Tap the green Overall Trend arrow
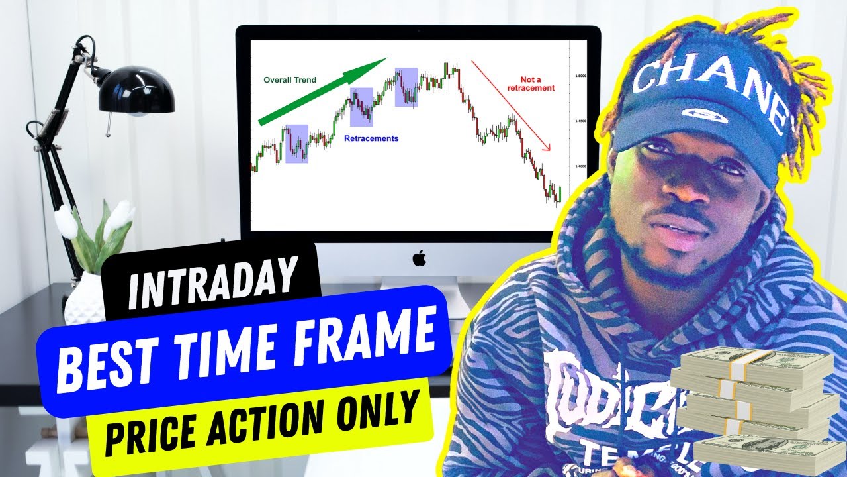(322, 91)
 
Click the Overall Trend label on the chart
(290, 80)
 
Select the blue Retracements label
(371, 139)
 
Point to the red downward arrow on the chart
(510, 105)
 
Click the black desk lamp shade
(136, 91)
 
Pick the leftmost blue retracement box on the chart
(296, 144)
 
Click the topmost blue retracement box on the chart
(406, 87)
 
